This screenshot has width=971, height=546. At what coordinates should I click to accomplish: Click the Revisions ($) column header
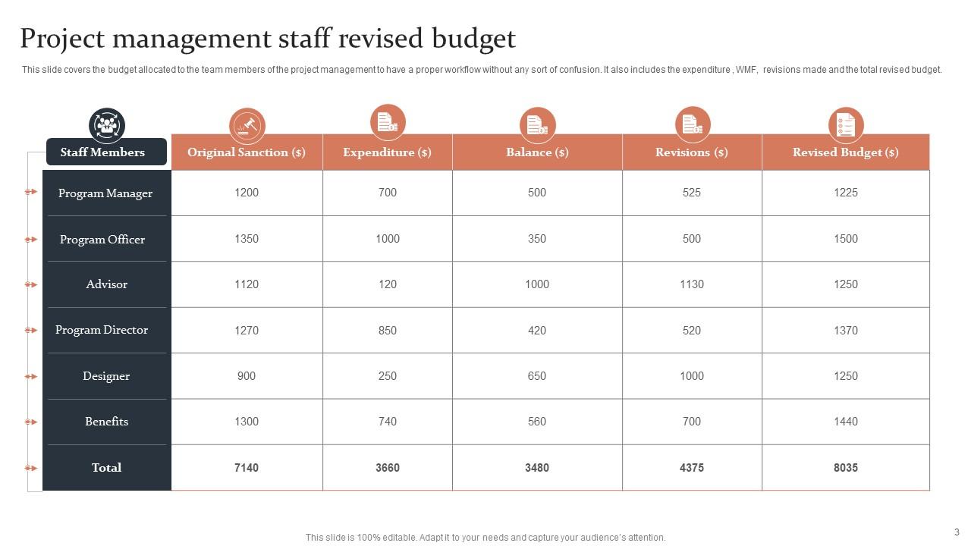point(691,152)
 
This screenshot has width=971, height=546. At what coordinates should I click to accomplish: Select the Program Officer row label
point(102,239)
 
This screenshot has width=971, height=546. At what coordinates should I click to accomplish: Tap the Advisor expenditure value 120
point(387,284)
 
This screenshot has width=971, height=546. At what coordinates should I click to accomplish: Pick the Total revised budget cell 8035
point(845,468)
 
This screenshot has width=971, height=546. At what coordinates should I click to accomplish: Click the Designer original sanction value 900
point(247,376)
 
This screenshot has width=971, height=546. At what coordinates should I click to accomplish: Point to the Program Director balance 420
point(536,331)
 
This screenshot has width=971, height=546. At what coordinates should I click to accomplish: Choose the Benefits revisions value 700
point(691,422)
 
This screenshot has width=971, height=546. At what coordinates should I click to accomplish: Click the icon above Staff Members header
point(107,124)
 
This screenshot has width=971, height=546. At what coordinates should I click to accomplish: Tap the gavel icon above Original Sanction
point(247,125)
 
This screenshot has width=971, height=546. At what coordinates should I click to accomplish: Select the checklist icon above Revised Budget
point(845,124)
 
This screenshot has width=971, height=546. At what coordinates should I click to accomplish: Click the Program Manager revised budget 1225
point(845,193)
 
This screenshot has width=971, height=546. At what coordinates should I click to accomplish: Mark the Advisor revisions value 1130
point(691,284)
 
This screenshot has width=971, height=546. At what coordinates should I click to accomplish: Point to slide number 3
point(957,532)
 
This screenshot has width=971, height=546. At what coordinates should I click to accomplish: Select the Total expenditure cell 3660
point(387,468)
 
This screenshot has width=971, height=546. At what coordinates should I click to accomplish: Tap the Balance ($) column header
point(536,152)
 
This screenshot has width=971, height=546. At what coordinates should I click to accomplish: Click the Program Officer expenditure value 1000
point(387,239)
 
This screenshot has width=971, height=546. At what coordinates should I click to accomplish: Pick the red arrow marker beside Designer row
point(31,376)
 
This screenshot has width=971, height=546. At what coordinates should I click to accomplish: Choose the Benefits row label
point(106,422)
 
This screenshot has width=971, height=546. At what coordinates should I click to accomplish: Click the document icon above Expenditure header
point(387,122)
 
